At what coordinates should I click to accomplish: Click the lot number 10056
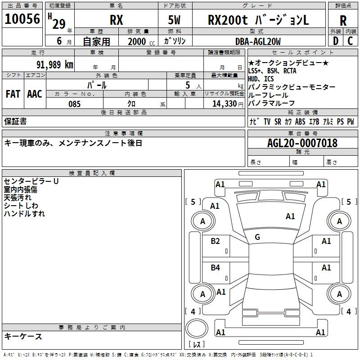[22, 19]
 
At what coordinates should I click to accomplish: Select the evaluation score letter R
[343, 21]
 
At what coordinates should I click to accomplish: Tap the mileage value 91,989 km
[55, 65]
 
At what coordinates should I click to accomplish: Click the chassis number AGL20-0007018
[302, 143]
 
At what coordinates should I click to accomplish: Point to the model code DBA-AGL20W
[258, 41]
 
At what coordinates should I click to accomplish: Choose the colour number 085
[74, 104]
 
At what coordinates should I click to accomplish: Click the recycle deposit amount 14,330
[225, 104]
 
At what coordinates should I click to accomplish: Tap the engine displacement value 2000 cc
[141, 41]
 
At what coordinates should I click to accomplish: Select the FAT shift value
[13, 94]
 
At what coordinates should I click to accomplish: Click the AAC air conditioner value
[35, 94]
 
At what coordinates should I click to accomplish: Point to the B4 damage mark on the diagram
[215, 267]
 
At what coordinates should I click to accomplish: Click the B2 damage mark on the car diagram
[215, 241]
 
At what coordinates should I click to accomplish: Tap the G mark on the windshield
[257, 237]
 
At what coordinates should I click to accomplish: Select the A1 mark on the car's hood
[290, 216]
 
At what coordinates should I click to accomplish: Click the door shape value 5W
[174, 20]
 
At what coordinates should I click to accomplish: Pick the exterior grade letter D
[336, 41]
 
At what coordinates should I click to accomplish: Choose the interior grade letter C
[350, 41]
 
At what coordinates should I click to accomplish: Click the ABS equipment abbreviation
[300, 121]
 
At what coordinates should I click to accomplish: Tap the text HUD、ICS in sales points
[261, 79]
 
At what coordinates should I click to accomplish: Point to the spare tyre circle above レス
[197, 329]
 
